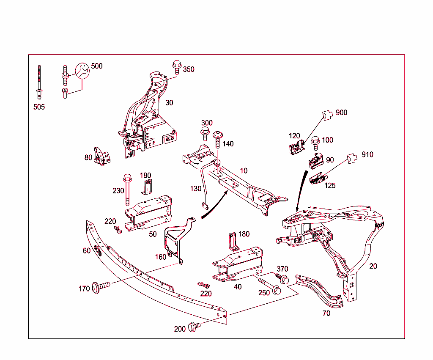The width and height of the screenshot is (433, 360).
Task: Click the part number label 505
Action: click(x=39, y=107)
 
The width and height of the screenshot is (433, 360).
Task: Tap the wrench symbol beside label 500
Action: click(x=82, y=71)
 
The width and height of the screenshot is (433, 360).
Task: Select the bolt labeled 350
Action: click(x=177, y=67)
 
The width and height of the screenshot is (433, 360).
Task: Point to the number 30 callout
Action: click(x=169, y=103)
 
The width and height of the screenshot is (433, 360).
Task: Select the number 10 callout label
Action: click(x=244, y=171)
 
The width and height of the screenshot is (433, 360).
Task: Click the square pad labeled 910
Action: click(x=351, y=158)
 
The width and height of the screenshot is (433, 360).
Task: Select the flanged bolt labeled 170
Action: click(x=100, y=288)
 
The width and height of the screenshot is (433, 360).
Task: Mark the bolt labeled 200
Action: click(x=194, y=326)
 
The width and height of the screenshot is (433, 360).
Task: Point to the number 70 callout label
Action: click(x=326, y=313)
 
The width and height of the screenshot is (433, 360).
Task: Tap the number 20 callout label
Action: click(x=373, y=266)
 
